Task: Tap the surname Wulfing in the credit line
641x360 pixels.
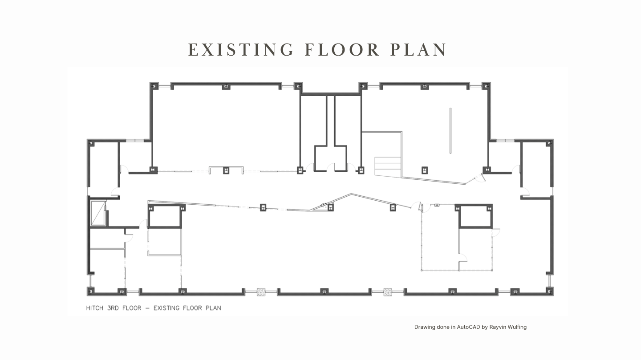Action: (516, 327)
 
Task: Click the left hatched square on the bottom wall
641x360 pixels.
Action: (261, 292)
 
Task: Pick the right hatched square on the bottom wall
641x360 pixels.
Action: (388, 292)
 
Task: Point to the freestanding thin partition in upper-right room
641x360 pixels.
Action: (450, 130)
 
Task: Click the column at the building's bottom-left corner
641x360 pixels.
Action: (91, 291)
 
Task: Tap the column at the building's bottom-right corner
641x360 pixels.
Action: (549, 291)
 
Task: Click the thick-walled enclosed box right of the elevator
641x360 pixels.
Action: (165, 217)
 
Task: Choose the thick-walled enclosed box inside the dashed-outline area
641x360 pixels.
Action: (475, 217)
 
